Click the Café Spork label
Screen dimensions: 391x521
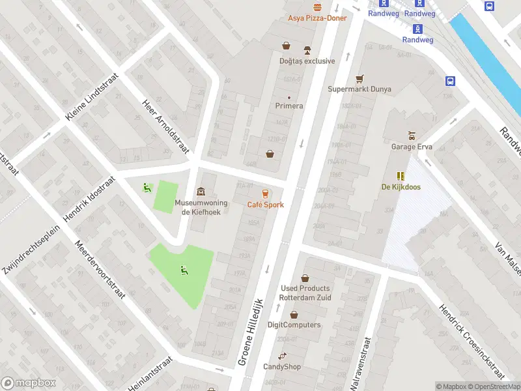click(x=265, y=205)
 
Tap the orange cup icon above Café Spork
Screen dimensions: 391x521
click(x=265, y=194)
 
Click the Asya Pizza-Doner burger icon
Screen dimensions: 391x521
click(x=317, y=7)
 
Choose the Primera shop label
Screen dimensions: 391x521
click(x=289, y=106)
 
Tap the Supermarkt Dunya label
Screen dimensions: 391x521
click(x=359, y=89)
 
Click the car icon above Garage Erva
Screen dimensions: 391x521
click(x=411, y=136)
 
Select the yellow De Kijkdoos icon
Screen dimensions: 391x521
click(x=400, y=176)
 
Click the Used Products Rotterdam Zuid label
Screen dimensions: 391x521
click(x=305, y=293)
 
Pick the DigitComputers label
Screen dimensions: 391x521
click(x=294, y=325)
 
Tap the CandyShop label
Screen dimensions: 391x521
click(x=282, y=367)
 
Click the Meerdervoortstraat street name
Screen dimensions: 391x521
click(x=100, y=268)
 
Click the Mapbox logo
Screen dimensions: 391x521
click(x=29, y=383)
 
